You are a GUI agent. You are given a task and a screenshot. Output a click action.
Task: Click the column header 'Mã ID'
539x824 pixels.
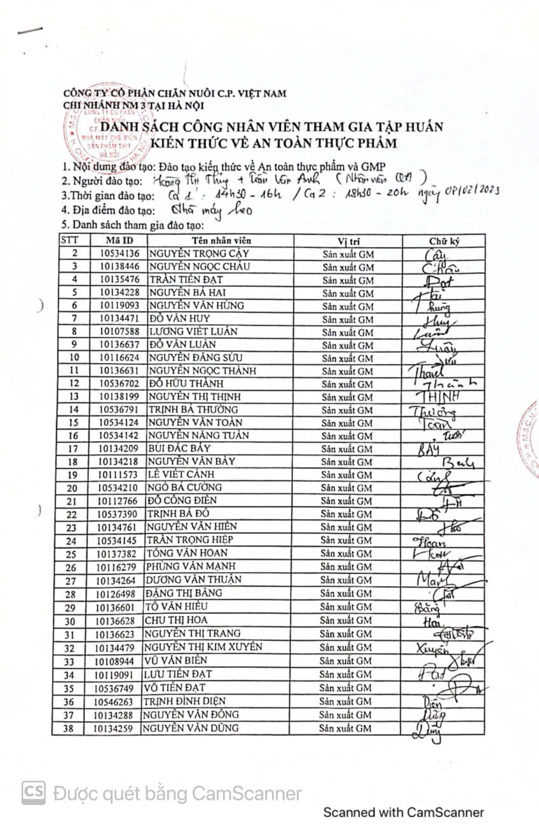pyautogui.click(x=119, y=240)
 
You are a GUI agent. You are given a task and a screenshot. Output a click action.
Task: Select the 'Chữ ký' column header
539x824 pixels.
pyautogui.click(x=444, y=240)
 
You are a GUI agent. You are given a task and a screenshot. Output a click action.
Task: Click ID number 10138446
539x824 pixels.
pyautogui.click(x=119, y=266)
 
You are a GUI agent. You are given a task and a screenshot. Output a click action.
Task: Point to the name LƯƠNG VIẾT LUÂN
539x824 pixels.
pyautogui.click(x=188, y=332)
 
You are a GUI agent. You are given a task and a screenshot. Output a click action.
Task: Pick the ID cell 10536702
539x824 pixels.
pyautogui.click(x=119, y=384)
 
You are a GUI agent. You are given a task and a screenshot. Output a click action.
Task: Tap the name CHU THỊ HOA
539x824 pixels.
pyautogui.click(x=176, y=620)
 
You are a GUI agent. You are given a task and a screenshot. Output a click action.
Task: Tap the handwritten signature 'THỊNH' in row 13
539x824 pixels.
pyautogui.click(x=439, y=397)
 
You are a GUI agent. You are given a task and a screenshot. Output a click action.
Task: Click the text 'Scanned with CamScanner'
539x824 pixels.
pyautogui.click(x=404, y=812)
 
